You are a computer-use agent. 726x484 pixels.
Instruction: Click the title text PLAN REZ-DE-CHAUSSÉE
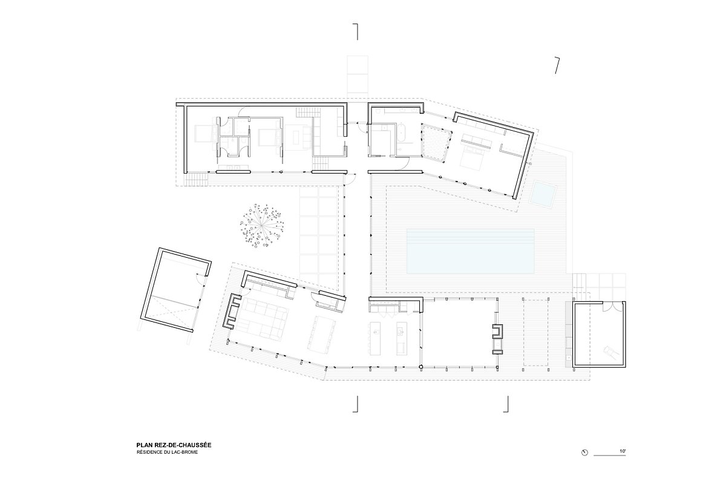pyautogui.click(x=174, y=445)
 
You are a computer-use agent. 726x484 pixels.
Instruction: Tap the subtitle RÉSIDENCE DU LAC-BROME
pyautogui.click(x=167, y=452)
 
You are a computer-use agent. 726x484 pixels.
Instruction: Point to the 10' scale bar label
pyautogui.click(x=623, y=451)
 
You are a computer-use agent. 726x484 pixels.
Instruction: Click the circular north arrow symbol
pyautogui.click(x=584, y=453)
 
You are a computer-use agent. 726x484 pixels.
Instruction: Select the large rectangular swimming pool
pyautogui.click(x=470, y=251)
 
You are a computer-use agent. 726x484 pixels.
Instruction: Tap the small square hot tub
pyautogui.click(x=543, y=193)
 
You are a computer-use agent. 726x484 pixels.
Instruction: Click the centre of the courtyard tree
pyautogui.click(x=261, y=226)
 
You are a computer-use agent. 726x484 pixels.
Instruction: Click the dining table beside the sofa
pyautogui.click(x=321, y=333)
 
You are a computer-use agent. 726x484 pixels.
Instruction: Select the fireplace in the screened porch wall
pyautogui.click(x=498, y=331)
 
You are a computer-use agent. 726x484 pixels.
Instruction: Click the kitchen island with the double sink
pyautogui.click(x=401, y=338)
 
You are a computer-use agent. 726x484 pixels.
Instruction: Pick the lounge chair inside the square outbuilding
pyautogui.click(x=609, y=351)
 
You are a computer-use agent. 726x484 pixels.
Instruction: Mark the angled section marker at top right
pyautogui.click(x=557, y=65)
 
